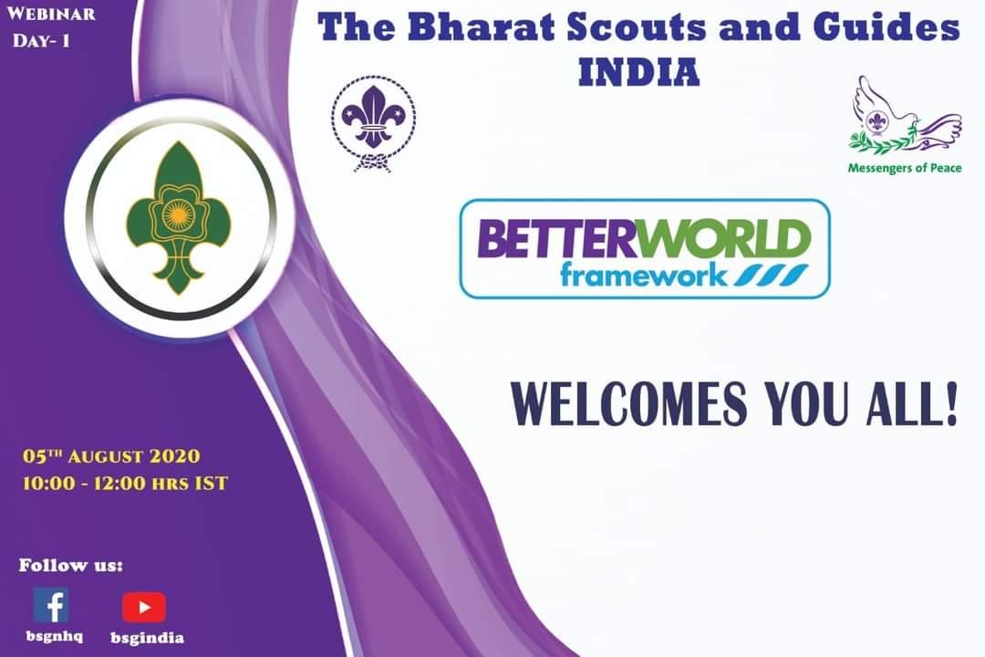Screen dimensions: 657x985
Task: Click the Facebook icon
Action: [51, 604]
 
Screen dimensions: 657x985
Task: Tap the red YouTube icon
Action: [144, 607]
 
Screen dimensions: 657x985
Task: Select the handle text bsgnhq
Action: [50, 637]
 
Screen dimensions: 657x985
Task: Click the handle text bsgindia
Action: [147, 638]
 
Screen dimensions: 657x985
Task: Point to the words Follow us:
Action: [71, 565]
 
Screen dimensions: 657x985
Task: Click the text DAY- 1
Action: [41, 41]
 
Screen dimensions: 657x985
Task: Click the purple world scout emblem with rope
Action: [373, 123]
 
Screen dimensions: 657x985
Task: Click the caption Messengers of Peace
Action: [904, 168]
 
